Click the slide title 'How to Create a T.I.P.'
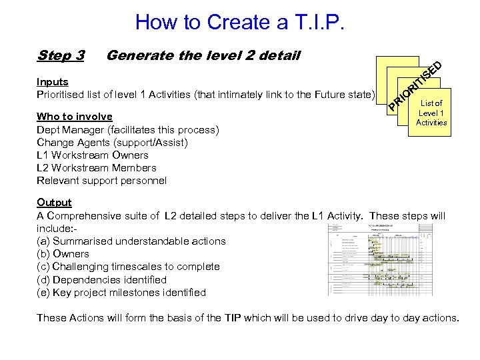[240, 22]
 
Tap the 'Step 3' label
[61, 55]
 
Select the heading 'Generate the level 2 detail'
[203, 55]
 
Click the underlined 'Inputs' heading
[53, 81]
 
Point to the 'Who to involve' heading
[75, 117]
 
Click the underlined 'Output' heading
[54, 203]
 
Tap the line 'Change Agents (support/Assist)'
[112, 142]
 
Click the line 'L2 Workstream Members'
[97, 168]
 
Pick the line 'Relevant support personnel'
[101, 181]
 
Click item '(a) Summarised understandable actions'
[131, 241]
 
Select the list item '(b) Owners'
[63, 254]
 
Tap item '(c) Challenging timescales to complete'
[128, 267]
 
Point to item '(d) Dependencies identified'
[101, 280]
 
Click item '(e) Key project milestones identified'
[121, 293]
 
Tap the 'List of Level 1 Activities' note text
[431, 113]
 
